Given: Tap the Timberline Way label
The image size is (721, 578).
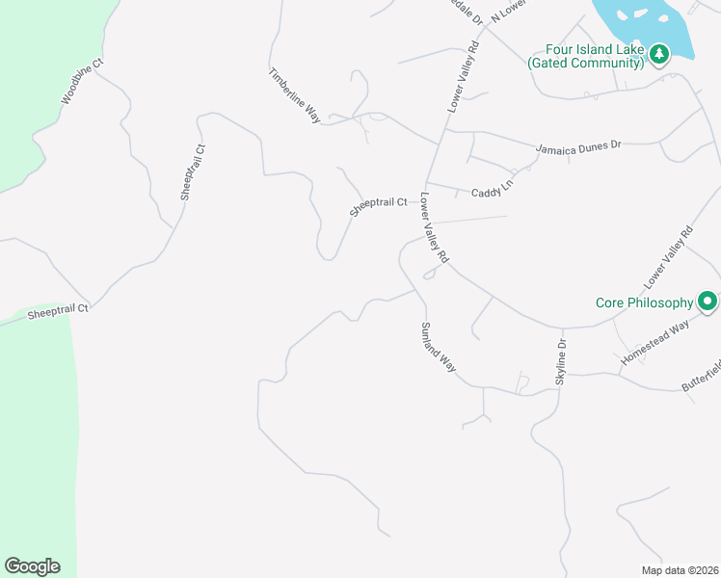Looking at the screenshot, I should (294, 94).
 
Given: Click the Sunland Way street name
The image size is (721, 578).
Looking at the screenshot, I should (437, 348).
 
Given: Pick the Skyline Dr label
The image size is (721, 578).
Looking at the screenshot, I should (561, 362).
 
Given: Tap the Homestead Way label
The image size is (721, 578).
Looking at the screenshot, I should (654, 343).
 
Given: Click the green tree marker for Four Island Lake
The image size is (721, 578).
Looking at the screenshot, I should (659, 53).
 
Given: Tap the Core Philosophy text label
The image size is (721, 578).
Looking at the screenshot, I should (643, 302).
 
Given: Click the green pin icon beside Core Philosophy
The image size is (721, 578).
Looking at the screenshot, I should (708, 302).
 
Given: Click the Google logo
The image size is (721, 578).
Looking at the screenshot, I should (32, 566).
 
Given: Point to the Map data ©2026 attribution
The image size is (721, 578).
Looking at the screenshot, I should (679, 570).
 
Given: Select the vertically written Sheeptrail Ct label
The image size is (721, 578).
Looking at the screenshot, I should (194, 172).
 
